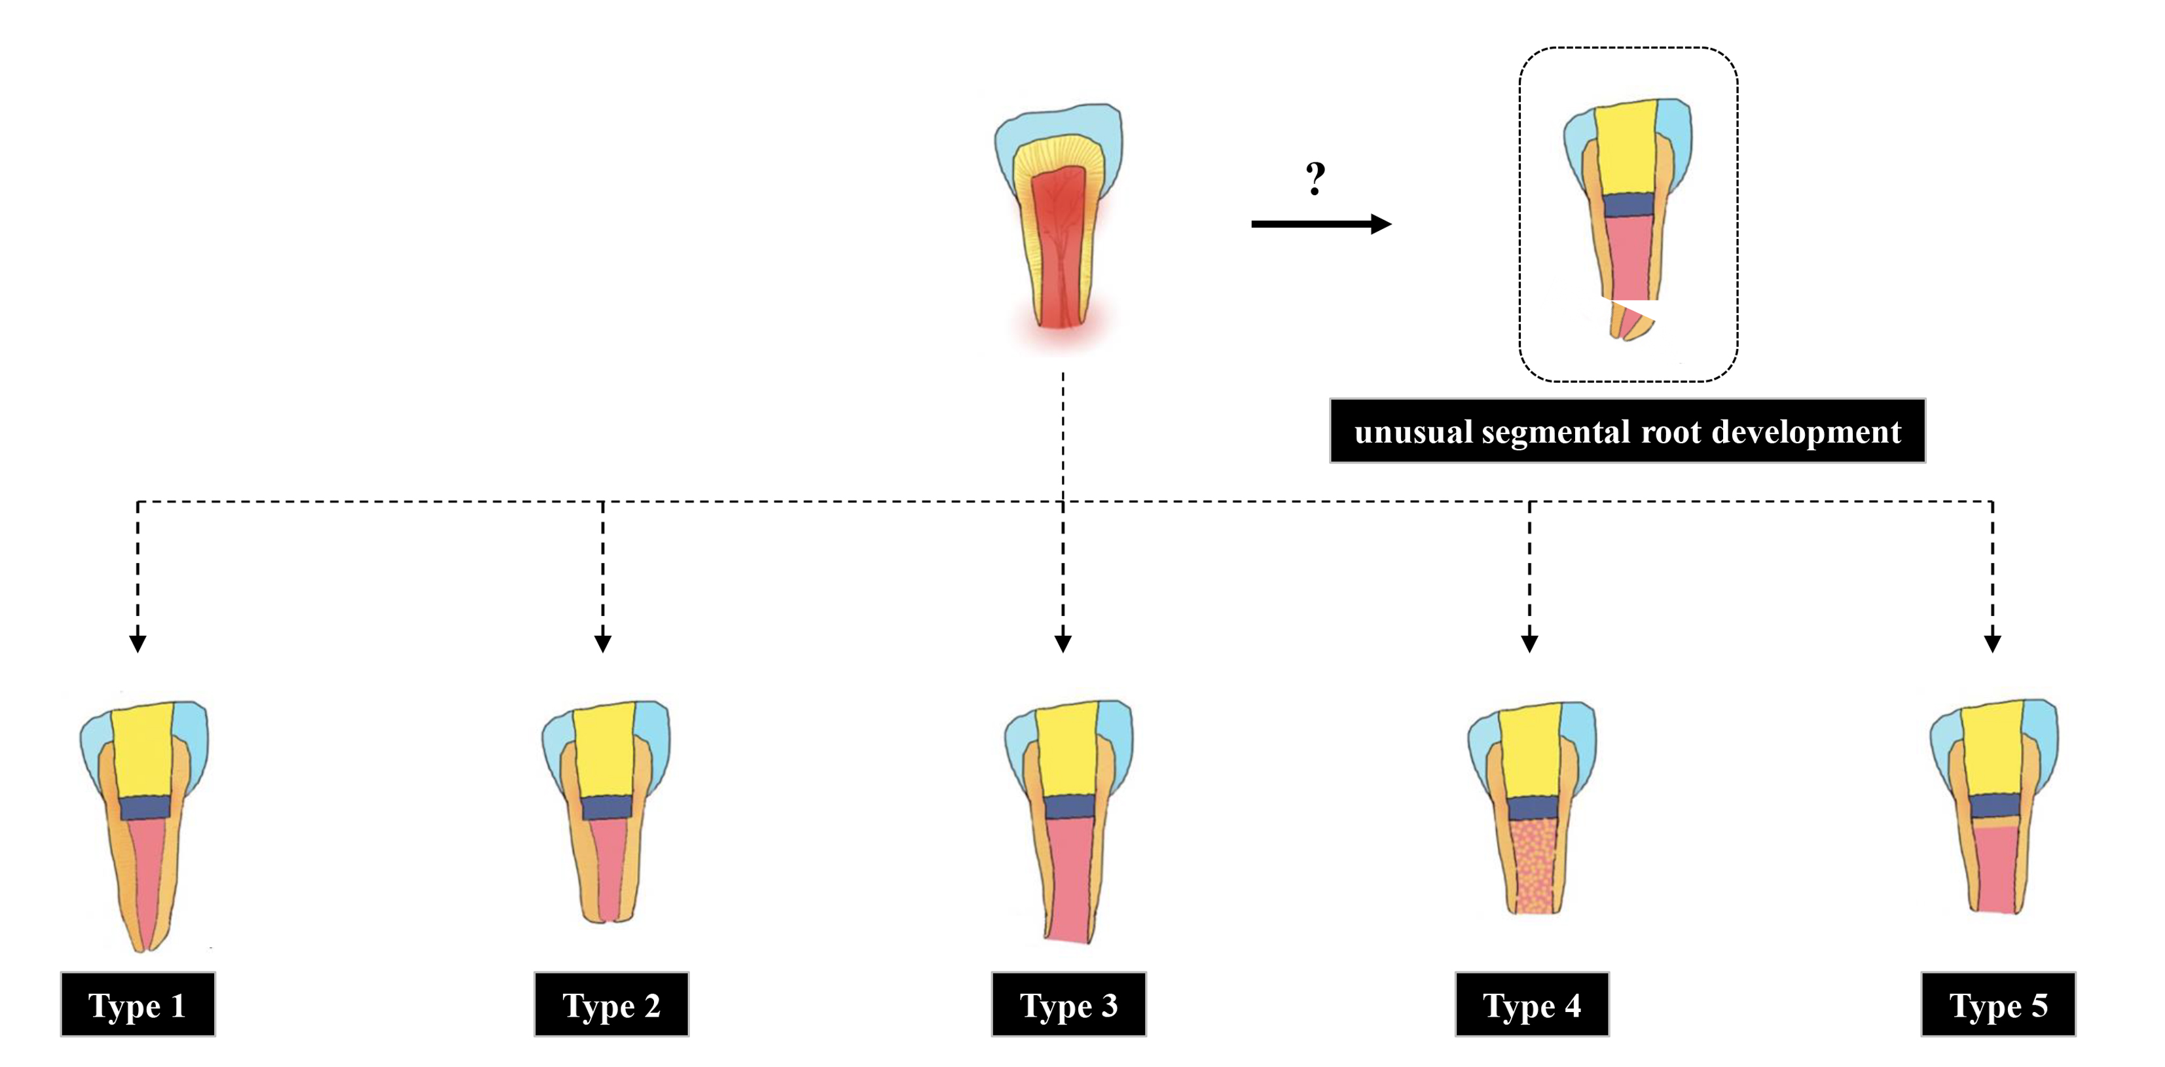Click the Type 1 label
tap(137, 1005)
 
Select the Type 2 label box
tap(611, 1005)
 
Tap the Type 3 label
tap(1068, 1005)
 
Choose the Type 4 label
tap(1531, 1005)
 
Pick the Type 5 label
tap(1998, 1005)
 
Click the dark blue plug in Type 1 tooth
tap(145, 808)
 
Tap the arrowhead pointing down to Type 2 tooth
tap(602, 643)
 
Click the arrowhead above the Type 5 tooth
tap(1992, 643)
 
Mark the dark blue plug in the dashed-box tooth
tap(1628, 205)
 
